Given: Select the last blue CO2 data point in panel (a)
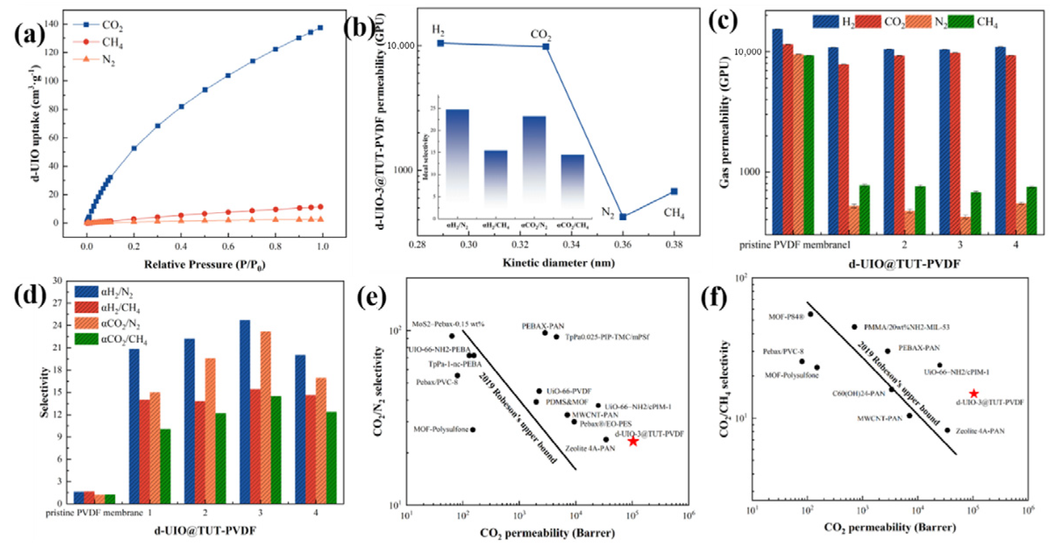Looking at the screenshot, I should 320,28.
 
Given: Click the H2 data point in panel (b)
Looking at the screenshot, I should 441,43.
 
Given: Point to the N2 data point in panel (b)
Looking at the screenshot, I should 623,217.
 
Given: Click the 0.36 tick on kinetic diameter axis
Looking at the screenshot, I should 623,245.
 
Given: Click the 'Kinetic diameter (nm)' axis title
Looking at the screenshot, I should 558,263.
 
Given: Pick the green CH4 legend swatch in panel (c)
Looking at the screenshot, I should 961,21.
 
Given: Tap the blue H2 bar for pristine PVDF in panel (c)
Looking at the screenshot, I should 777,131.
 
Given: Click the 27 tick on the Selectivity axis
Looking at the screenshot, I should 57,303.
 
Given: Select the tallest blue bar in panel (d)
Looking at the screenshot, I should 245,411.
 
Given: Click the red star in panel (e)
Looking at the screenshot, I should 632,441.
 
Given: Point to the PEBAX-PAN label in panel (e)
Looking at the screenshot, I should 542,326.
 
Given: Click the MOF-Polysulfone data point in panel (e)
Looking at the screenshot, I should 473,430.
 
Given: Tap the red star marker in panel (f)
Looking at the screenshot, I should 973,393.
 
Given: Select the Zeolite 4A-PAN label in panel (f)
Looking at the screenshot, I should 980,431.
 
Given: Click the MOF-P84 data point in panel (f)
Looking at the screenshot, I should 810,314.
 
